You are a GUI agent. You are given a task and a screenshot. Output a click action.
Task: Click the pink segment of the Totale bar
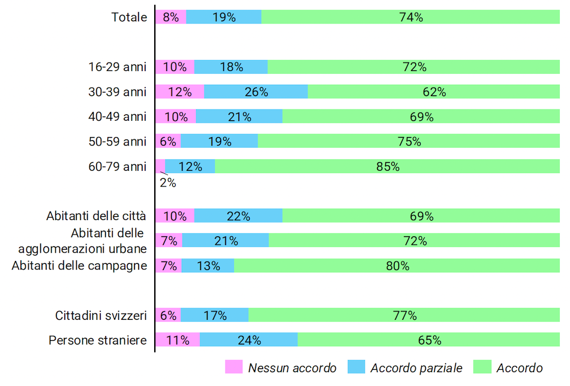[170, 17]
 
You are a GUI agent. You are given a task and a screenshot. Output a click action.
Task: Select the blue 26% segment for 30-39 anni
[256, 91]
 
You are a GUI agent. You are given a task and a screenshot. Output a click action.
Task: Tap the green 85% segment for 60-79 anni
[387, 167]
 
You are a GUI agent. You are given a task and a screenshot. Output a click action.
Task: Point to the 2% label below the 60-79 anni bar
[167, 183]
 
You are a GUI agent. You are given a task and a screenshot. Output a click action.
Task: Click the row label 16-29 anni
[118, 67]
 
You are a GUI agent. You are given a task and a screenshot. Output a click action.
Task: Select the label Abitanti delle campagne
[79, 265]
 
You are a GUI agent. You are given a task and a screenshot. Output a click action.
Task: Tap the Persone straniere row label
[98, 340]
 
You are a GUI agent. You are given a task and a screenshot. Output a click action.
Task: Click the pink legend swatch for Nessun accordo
[233, 367]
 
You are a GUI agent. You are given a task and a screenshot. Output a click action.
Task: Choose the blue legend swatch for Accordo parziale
[356, 367]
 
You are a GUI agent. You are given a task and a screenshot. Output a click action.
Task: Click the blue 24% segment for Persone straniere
[249, 340]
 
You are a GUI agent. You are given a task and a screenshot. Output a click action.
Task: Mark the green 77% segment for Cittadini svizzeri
[404, 315]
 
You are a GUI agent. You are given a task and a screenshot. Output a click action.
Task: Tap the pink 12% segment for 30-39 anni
[179, 91]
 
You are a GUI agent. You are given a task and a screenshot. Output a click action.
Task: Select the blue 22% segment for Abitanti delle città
[238, 216]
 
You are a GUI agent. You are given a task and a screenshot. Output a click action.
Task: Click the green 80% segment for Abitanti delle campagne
[397, 265]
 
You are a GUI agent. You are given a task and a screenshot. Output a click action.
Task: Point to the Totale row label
[129, 17]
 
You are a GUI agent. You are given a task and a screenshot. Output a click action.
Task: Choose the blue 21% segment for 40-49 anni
[239, 117]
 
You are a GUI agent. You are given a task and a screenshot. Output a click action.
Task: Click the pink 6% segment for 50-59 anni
[168, 141]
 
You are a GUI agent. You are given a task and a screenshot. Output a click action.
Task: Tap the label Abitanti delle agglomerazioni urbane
[82, 240]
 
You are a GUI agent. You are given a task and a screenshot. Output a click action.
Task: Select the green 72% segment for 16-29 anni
[413, 67]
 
